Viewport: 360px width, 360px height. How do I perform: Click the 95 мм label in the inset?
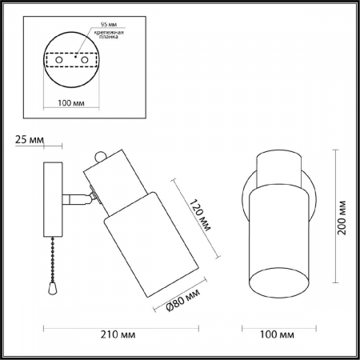pyautogui.click(x=109, y=24)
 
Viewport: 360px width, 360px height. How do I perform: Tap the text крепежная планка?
pyautogui.click(x=109, y=34)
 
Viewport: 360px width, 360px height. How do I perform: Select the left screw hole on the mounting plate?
pyautogui.click(x=59, y=60)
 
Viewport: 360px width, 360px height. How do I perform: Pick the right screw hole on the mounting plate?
pyautogui.click(x=85, y=60)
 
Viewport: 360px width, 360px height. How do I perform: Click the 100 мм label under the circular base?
pyautogui.click(x=71, y=103)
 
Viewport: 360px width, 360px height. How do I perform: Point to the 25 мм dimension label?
pyautogui.click(x=30, y=139)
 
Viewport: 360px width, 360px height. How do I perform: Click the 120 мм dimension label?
pyautogui.click(x=200, y=215)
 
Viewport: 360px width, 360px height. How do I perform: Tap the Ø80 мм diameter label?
pyautogui.click(x=182, y=300)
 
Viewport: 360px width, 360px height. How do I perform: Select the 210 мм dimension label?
pyautogui.click(x=118, y=334)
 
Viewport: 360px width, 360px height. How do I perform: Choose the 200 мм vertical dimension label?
pyautogui.click(x=342, y=218)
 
